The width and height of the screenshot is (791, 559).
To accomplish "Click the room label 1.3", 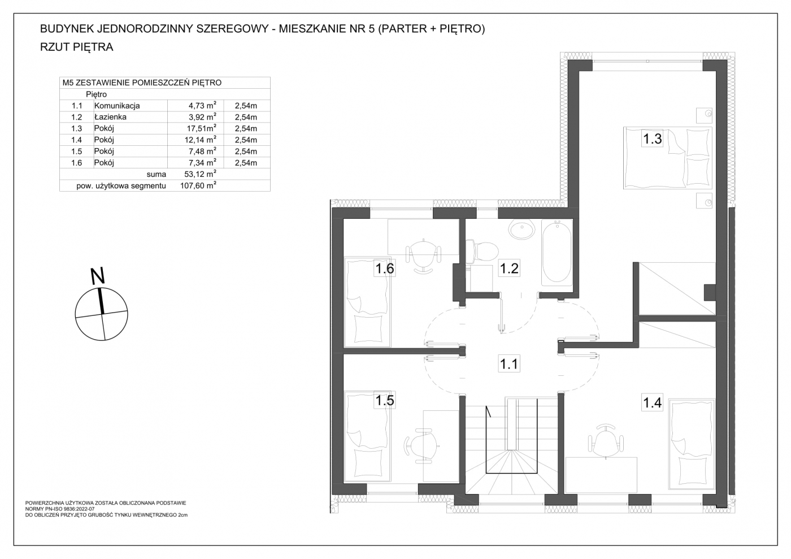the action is click(652, 138).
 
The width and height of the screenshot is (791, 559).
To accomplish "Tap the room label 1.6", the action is click(385, 268).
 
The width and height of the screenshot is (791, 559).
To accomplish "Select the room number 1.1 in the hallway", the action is click(509, 363).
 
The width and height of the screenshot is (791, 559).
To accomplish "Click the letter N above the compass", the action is click(98, 276).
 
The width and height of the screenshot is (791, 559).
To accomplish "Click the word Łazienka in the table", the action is click(110, 116).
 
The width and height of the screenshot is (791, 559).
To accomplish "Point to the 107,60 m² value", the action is click(198, 185).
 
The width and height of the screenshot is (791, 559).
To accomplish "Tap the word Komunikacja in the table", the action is click(117, 105).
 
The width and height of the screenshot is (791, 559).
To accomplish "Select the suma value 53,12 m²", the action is click(200, 174).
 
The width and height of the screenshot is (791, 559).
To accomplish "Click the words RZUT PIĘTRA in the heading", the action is click(77, 47).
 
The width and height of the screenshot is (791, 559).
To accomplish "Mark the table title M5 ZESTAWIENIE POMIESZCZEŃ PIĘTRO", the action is click(142, 83).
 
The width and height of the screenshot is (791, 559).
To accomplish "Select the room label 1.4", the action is click(652, 402).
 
